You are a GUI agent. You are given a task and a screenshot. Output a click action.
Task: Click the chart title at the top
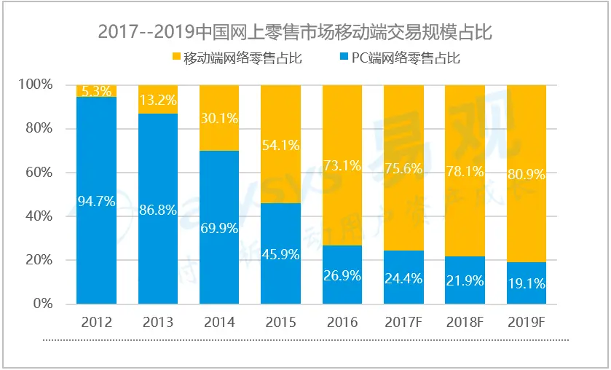point(305,32)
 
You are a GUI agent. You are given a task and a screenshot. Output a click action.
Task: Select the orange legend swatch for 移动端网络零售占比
point(176,58)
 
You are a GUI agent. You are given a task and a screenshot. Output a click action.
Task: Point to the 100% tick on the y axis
point(35,85)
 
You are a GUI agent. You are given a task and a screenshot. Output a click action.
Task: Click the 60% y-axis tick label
point(38,173)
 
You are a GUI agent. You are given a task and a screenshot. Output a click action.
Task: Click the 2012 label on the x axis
point(96,321)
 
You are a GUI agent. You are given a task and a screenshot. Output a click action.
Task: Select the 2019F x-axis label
point(526,321)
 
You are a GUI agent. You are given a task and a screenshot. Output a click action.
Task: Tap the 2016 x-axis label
point(342,321)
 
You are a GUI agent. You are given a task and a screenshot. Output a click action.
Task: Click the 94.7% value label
point(96,202)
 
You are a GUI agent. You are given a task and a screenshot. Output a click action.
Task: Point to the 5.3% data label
point(96,92)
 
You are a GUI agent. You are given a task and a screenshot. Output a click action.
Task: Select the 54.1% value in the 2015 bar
point(280,146)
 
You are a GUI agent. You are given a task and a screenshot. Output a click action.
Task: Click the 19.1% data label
point(526,284)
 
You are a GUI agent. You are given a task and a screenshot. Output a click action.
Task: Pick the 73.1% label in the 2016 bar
point(342,166)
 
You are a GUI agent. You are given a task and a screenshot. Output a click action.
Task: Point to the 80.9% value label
point(526,175)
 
